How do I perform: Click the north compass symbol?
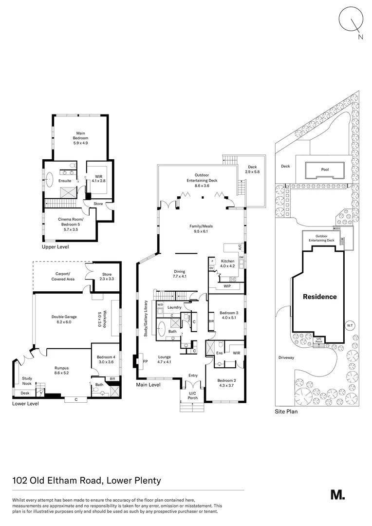click(351, 21)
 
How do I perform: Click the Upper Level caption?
click(55, 247)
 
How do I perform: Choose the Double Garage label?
click(61, 319)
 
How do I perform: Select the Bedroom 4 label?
click(106, 359)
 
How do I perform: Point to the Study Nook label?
click(27, 379)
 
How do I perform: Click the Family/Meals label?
click(202, 229)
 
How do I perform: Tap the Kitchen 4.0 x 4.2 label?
click(228, 263)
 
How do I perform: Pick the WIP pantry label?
click(227, 286)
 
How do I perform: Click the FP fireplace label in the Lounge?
click(145, 361)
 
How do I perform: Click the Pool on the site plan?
click(325, 170)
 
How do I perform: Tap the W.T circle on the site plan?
click(349, 325)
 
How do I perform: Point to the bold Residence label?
click(320, 296)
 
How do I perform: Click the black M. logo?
click(337, 494)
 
